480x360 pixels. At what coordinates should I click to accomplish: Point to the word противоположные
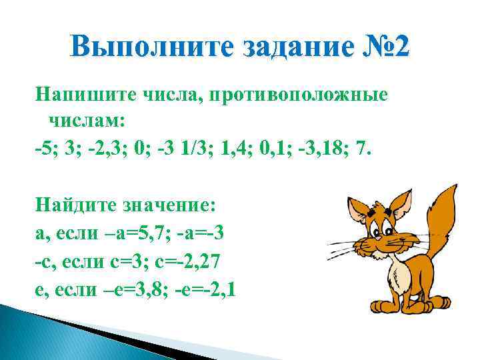(x=297, y=96)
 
